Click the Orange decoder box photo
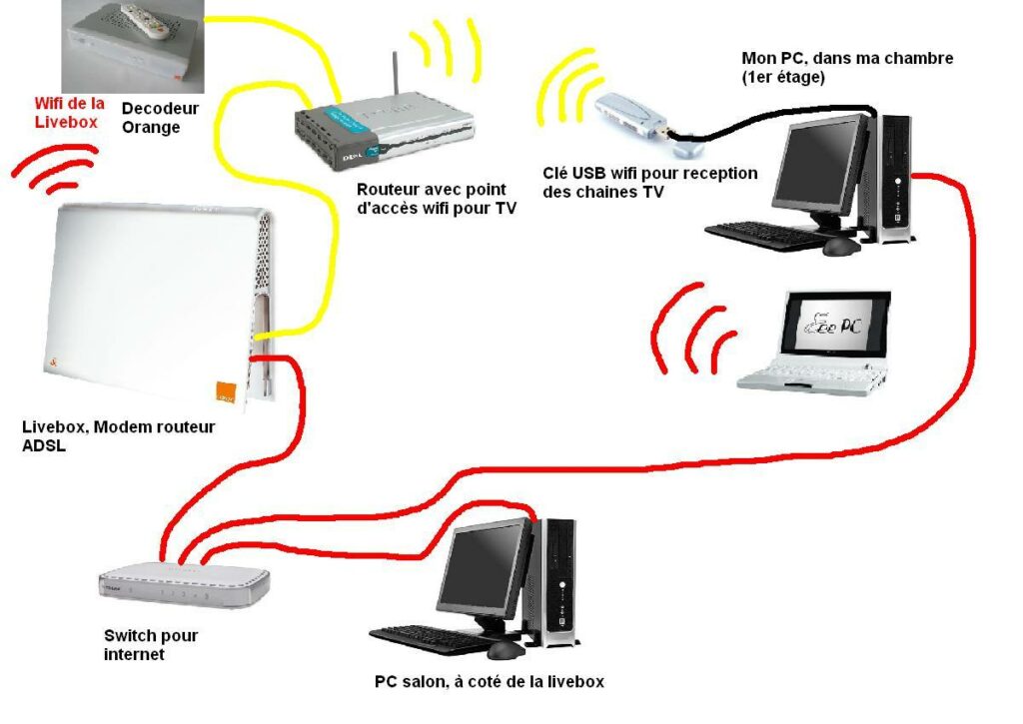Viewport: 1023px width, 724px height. [x=133, y=45]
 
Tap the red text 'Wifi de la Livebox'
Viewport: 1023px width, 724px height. [x=69, y=112]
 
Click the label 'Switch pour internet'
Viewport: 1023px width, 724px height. [x=151, y=645]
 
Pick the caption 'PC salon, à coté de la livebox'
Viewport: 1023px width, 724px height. [x=489, y=682]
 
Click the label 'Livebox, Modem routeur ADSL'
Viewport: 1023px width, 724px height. [x=119, y=436]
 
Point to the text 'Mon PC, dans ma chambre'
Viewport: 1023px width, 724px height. [x=847, y=58]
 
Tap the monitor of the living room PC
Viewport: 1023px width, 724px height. [x=486, y=568]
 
